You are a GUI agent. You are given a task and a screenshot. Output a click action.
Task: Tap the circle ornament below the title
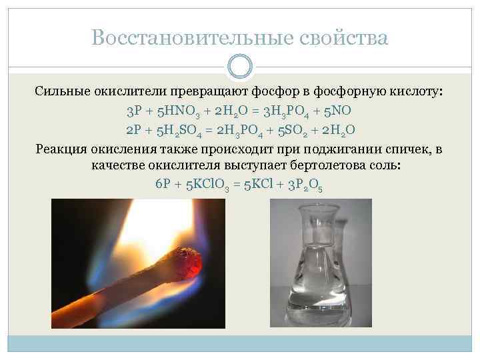tap(240, 67)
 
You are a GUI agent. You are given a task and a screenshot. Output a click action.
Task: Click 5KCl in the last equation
tap(262, 185)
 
